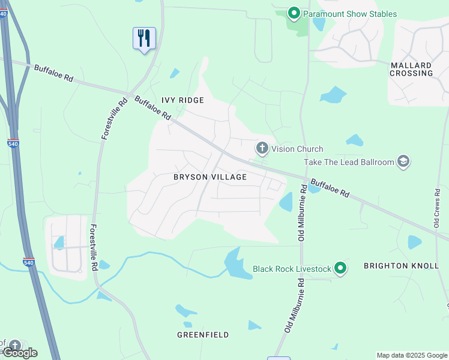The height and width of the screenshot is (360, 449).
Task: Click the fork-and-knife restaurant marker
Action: click(144, 38)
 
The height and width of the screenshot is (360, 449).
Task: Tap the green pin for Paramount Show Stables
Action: click(294, 13)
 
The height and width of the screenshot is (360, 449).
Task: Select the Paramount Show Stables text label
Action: click(350, 14)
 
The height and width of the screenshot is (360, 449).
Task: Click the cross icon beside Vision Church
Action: click(262, 148)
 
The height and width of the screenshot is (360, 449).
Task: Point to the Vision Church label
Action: click(297, 149)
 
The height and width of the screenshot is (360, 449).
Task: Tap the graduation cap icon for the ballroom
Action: click(403, 161)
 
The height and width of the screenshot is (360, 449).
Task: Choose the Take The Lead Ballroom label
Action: click(349, 162)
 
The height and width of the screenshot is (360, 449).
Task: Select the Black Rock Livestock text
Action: click(291, 269)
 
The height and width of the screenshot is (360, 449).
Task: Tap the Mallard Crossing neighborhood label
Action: click(411, 69)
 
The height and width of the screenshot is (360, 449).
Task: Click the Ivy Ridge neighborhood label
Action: click(182, 100)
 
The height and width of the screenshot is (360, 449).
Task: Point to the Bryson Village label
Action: click(210, 177)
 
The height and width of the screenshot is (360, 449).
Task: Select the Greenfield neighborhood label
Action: click(203, 335)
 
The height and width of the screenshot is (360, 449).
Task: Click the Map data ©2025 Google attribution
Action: click(412, 355)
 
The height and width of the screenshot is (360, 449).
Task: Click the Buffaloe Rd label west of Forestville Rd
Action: click(53, 74)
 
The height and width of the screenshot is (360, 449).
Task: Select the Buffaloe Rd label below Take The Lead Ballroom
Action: click(330, 186)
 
